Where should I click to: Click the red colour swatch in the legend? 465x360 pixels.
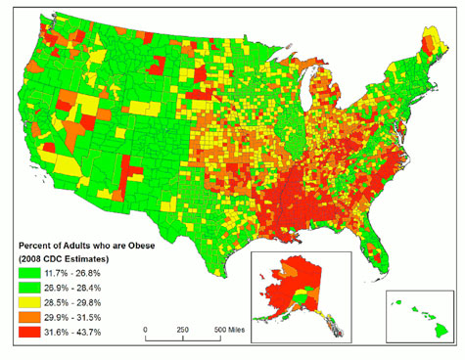pos(27,336)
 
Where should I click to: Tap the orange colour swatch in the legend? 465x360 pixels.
pos(27,320)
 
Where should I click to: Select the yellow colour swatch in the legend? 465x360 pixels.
pos(27,304)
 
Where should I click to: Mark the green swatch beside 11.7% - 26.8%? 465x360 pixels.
pos(27,273)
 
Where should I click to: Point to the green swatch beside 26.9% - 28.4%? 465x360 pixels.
pos(27,289)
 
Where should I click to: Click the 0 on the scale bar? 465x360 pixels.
pos(145,330)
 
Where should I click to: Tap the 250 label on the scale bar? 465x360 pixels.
pos(182,330)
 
